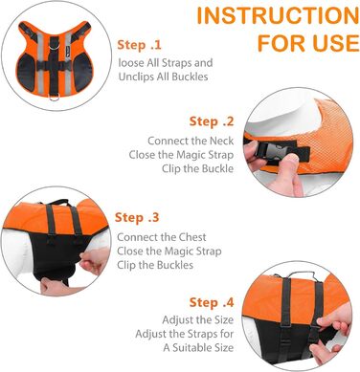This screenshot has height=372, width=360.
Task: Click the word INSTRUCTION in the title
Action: (x=278, y=15)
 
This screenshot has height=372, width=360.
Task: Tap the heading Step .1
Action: (x=139, y=45)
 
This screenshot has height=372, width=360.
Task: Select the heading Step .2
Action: (x=212, y=121)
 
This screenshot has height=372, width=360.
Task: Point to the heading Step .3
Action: (x=137, y=217)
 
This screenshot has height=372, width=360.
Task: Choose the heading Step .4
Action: (x=212, y=302)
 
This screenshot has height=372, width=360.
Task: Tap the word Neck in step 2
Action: (x=221, y=141)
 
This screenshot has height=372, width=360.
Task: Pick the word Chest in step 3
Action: (x=192, y=237)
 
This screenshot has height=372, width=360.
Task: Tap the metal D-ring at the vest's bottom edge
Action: (x=54, y=98)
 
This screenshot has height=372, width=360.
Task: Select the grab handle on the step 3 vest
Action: (x=56, y=202)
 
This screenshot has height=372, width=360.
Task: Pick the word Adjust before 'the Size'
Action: (x=177, y=319)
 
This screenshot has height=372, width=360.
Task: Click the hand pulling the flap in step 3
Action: (x=94, y=260)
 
